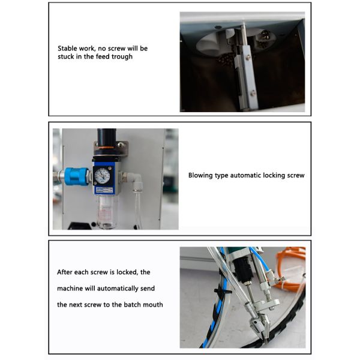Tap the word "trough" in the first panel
(x=121, y=56)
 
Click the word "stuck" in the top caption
(x=66, y=56)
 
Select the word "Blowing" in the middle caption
(x=201, y=176)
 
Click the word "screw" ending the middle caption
(x=294, y=176)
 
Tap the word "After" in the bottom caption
(x=66, y=272)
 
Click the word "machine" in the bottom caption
(x=71, y=288)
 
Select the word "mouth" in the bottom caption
(x=152, y=304)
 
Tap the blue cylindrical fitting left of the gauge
(x=76, y=176)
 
